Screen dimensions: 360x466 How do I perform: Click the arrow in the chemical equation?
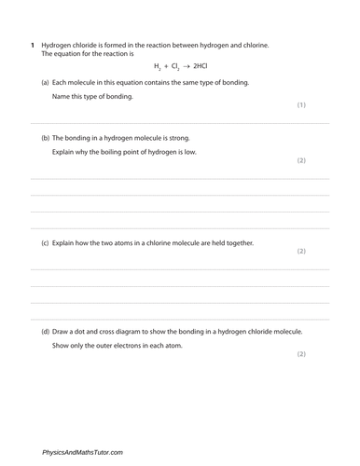[x=186, y=67]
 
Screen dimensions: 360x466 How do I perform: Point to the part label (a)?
[x=46, y=82]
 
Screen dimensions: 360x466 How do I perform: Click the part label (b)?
[x=46, y=136]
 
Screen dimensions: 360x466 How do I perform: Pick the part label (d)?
[x=46, y=331]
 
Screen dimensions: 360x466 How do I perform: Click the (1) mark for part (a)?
[x=301, y=104]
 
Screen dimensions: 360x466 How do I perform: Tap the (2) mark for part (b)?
[x=301, y=160]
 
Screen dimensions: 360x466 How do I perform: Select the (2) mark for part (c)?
[x=301, y=252]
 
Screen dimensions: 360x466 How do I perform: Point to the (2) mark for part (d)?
[x=301, y=354]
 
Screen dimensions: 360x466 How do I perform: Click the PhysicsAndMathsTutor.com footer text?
[x=82, y=452]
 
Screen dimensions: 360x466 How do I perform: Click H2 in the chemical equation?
[x=157, y=67]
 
